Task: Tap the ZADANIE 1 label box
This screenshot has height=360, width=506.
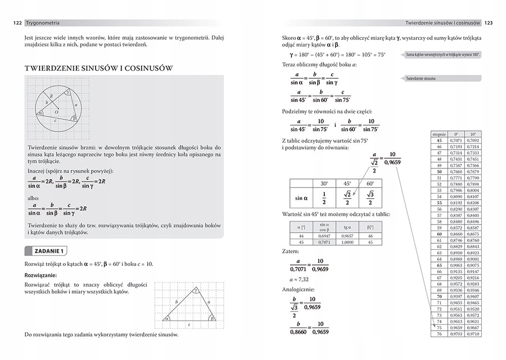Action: [x=46, y=251]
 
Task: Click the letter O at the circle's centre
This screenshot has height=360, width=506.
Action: [x=57, y=111]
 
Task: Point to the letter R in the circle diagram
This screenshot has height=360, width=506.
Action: [x=52, y=96]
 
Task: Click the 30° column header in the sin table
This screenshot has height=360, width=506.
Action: [x=324, y=184]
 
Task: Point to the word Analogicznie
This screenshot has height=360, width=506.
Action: [x=298, y=290]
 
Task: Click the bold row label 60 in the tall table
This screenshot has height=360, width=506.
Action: [x=439, y=234]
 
